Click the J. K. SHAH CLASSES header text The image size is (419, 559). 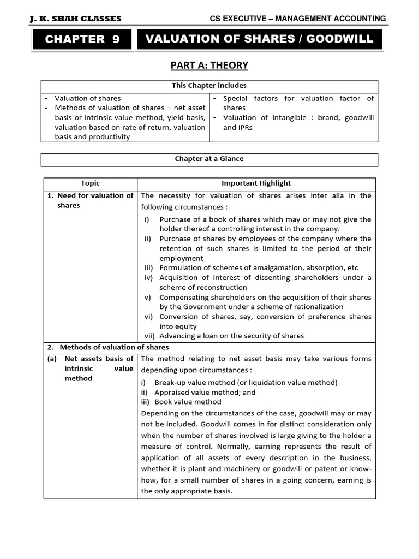tap(76, 19)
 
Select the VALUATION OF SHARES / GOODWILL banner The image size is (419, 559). tap(259, 39)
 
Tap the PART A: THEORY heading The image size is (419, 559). tap(209, 66)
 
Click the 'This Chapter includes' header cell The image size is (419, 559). tap(209, 86)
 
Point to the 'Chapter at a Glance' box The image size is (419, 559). tap(209, 159)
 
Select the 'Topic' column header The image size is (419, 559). tap(90, 183)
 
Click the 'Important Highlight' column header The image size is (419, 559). tap(256, 183)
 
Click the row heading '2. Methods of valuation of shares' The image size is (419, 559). tap(114, 347)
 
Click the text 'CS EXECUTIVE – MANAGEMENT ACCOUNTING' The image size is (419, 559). tap(298, 19)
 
